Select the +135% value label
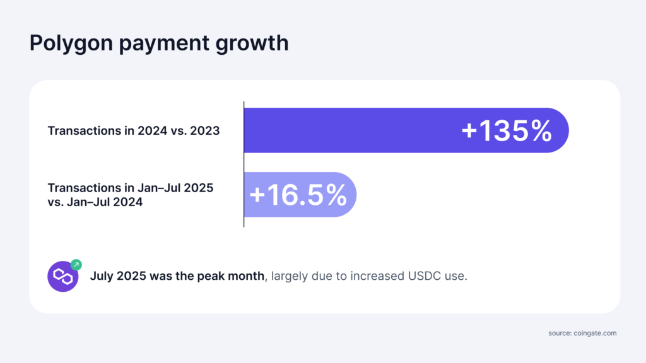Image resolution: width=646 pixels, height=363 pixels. (507, 130)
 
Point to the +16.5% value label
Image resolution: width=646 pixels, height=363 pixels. (298, 195)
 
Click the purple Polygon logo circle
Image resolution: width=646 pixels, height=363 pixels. (62, 276)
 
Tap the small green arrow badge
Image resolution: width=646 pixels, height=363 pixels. (76, 265)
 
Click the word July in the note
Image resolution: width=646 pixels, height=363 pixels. (103, 276)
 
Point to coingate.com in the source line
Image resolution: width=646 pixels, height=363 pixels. (595, 332)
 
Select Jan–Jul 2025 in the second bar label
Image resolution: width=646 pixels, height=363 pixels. (179, 188)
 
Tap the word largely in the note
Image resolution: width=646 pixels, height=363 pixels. (286, 276)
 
